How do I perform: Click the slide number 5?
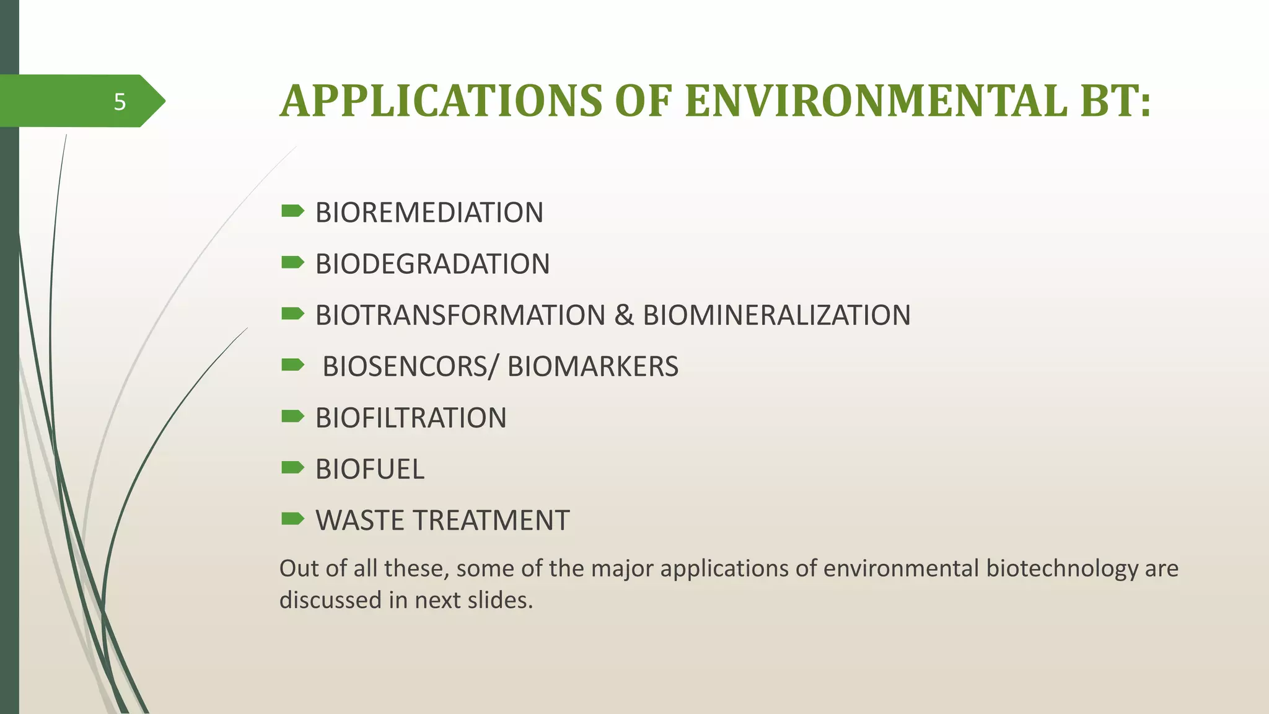click(120, 102)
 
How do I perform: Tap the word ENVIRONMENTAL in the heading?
click(876, 101)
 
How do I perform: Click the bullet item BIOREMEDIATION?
click(429, 213)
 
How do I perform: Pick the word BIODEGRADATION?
click(432, 264)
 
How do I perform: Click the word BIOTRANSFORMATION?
click(460, 315)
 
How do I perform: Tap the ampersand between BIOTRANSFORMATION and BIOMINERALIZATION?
click(624, 315)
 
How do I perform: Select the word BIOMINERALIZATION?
click(776, 315)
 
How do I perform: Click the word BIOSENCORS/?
click(410, 366)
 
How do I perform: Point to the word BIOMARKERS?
click(593, 366)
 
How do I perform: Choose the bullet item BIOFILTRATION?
click(410, 418)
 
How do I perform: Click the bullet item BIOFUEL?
click(369, 469)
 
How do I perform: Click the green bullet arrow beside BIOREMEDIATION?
click(292, 212)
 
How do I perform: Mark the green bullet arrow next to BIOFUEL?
click(292, 468)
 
